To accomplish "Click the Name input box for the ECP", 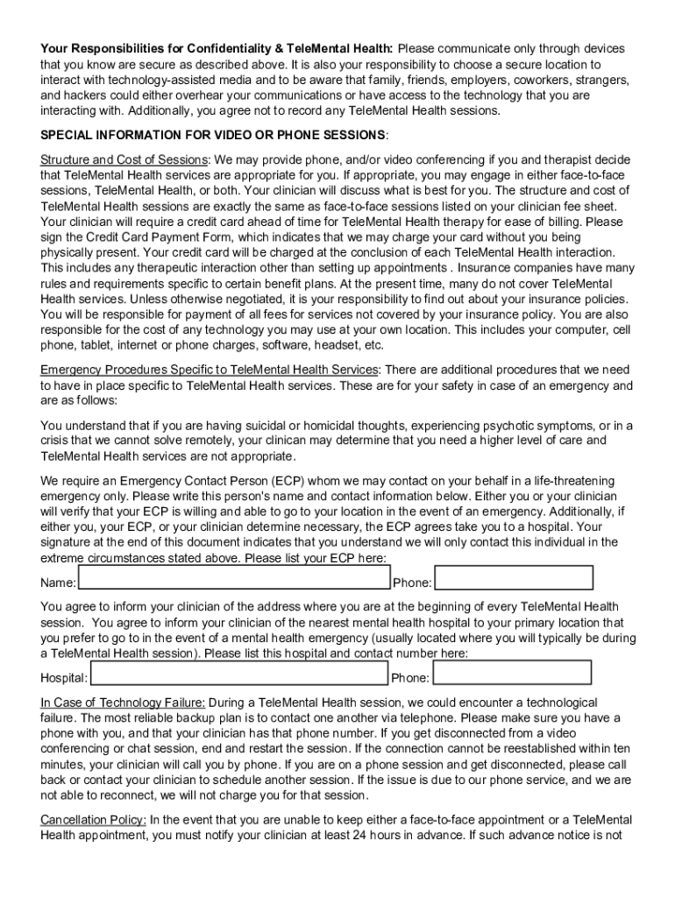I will [x=233, y=578].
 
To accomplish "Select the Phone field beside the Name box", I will [x=514, y=578].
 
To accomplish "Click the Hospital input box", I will [x=239, y=673].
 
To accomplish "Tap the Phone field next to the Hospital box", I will [x=512, y=673].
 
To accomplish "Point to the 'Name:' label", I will [x=59, y=583].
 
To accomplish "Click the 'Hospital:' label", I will [x=64, y=678].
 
